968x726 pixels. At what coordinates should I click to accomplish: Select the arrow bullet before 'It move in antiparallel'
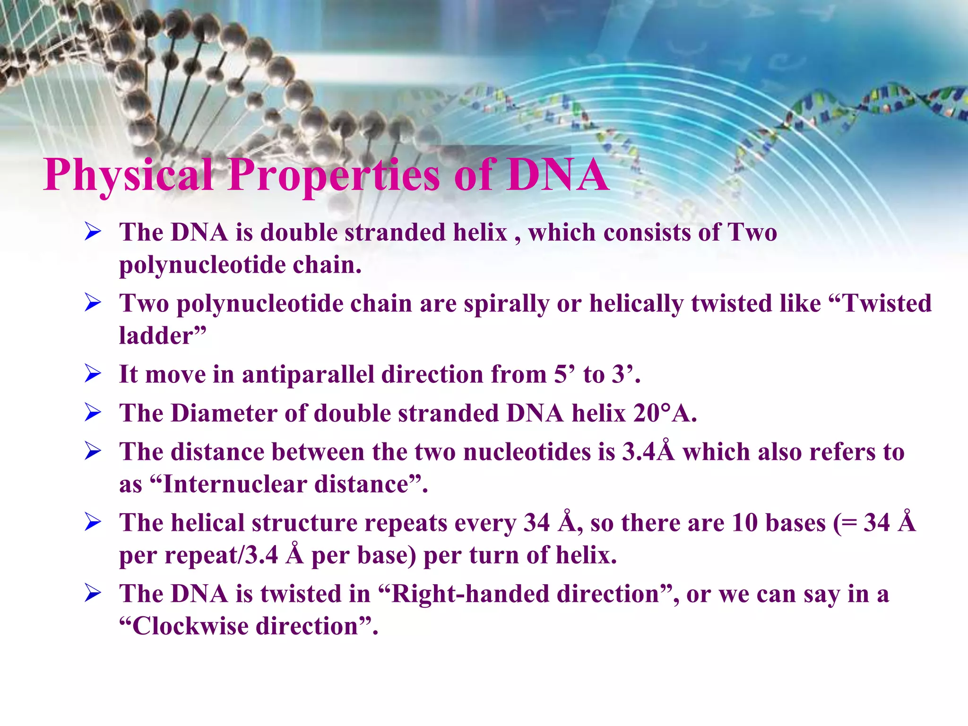click(93, 374)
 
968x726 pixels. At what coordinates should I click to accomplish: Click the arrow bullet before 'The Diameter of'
click(93, 413)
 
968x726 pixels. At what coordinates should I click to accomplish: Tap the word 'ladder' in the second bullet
click(156, 336)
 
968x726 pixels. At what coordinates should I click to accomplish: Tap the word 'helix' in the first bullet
click(480, 233)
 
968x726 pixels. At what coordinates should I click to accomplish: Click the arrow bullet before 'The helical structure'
click(93, 522)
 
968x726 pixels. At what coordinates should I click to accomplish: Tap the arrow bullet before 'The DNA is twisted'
click(93, 593)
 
